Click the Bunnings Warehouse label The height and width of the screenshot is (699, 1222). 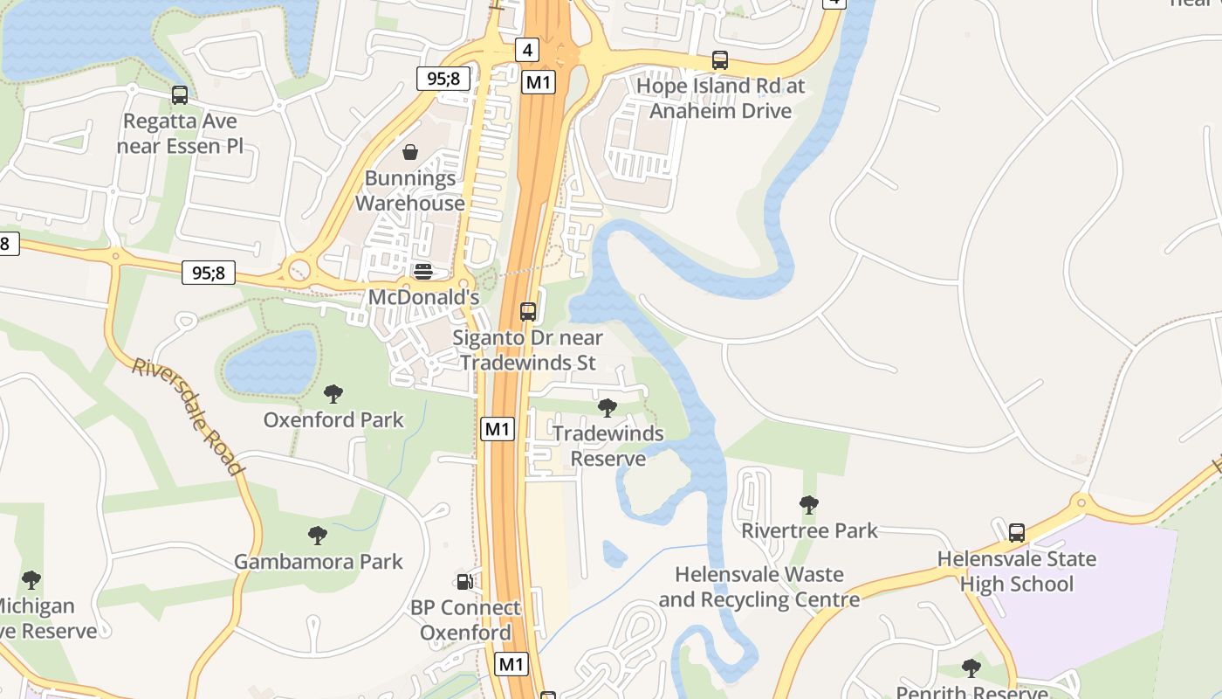pyautogui.click(x=410, y=190)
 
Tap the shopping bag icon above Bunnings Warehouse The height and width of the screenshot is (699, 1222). pyautogui.click(x=410, y=153)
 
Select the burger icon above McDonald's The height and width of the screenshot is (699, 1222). pyautogui.click(x=423, y=272)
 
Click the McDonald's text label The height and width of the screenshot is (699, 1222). pyautogui.click(x=423, y=297)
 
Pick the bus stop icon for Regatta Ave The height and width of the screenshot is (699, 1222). pyautogui.click(x=180, y=95)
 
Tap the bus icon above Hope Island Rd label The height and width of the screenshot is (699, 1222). pyautogui.click(x=720, y=60)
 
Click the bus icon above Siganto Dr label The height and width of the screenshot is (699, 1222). pyautogui.click(x=528, y=311)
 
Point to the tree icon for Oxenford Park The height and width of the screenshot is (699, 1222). pyautogui.click(x=333, y=394)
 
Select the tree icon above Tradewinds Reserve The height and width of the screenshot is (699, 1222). pyautogui.click(x=608, y=407)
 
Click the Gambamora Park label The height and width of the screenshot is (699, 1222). pyautogui.click(x=319, y=562)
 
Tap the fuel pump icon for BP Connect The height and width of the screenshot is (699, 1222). pyautogui.click(x=465, y=581)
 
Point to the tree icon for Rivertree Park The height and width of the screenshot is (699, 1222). pyautogui.click(x=809, y=504)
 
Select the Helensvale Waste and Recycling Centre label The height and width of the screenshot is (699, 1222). pyautogui.click(x=759, y=587)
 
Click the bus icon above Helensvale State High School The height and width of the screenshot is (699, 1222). pyautogui.click(x=1017, y=532)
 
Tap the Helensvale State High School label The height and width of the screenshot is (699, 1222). pyautogui.click(x=1017, y=571)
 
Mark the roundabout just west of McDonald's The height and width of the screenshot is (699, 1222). pyautogui.click(x=299, y=268)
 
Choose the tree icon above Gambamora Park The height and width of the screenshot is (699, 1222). pyautogui.click(x=318, y=535)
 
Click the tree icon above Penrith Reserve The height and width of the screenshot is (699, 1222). pyautogui.click(x=971, y=668)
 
